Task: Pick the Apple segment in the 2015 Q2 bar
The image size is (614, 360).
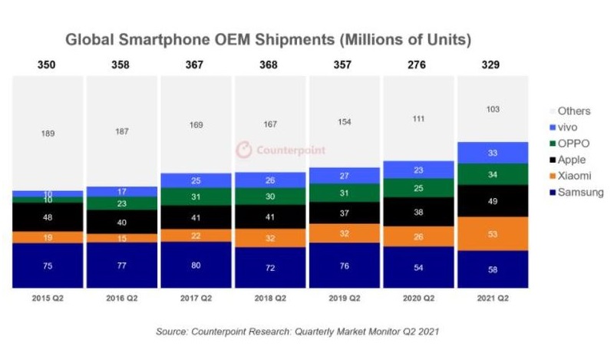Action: pyautogui.click(x=47, y=217)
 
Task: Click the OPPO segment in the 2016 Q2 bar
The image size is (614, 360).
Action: pyautogui.click(x=121, y=203)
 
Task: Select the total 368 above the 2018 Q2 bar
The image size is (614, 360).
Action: pyautogui.click(x=269, y=65)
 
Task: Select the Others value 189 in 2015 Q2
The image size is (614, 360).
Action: pyautogui.click(x=47, y=134)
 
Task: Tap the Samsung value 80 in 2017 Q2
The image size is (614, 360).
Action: pyautogui.click(x=195, y=265)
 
